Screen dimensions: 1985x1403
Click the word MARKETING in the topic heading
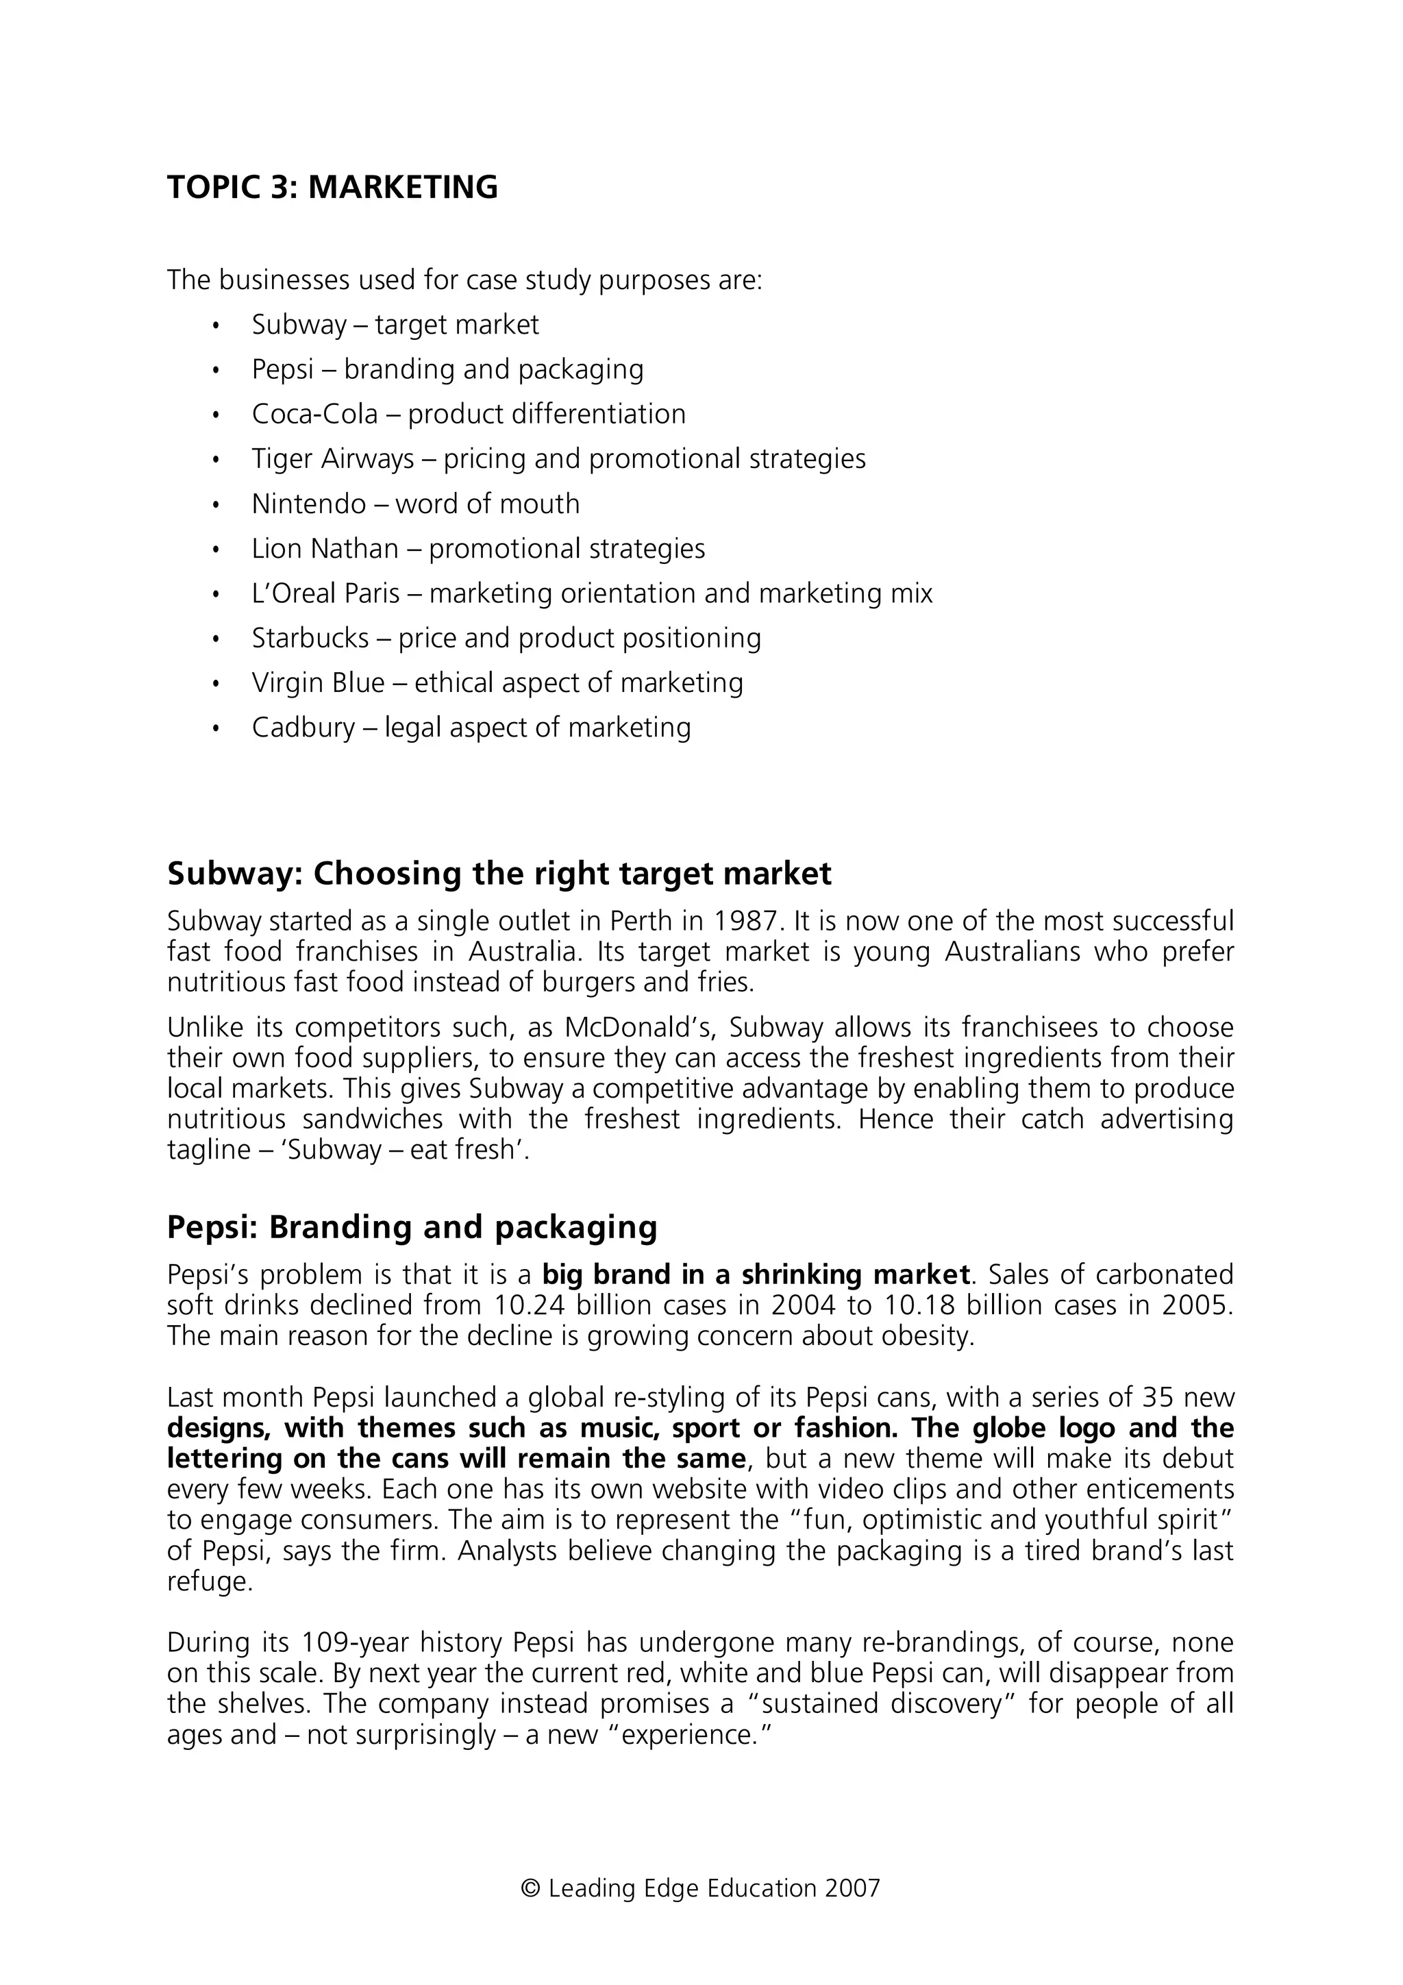(403, 188)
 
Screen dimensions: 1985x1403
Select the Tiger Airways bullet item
(558, 458)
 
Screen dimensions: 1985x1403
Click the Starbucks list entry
(506, 638)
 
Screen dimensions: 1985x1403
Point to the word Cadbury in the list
(303, 727)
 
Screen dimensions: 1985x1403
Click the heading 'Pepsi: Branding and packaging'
(412, 1226)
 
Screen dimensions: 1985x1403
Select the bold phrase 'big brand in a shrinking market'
(756, 1274)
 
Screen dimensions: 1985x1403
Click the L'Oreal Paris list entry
(592, 593)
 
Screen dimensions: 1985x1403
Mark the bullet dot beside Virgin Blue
(216, 684)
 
